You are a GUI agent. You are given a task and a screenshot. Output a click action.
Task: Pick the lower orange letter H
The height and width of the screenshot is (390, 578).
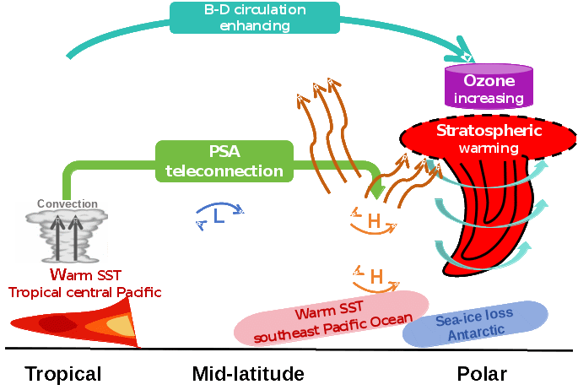click(x=377, y=276)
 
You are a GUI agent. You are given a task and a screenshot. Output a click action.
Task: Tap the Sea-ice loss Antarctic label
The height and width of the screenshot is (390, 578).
click(x=474, y=324)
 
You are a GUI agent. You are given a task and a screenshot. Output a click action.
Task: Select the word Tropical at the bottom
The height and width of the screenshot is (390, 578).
click(x=63, y=374)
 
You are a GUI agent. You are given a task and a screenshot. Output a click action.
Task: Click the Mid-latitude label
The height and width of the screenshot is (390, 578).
click(x=247, y=374)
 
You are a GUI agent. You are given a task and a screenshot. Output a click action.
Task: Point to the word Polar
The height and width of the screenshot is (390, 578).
click(x=483, y=374)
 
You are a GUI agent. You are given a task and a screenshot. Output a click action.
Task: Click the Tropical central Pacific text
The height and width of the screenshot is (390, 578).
click(x=84, y=292)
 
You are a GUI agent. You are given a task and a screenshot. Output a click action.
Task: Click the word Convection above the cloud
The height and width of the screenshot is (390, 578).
click(x=67, y=204)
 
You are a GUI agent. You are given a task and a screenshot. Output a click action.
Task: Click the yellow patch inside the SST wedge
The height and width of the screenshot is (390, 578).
click(x=122, y=326)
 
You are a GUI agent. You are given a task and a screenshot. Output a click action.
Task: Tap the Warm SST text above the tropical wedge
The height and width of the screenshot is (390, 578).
click(x=85, y=274)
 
